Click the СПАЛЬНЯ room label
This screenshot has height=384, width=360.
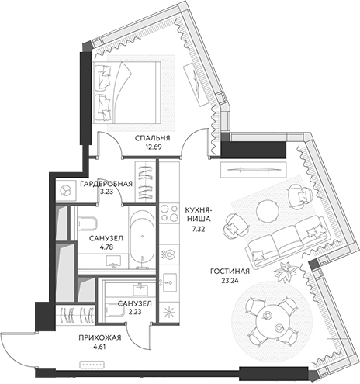153,138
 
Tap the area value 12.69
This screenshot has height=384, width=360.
153,147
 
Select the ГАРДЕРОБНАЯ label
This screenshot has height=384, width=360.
106,184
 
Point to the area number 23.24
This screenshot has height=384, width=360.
230,280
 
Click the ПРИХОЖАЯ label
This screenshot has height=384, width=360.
100,337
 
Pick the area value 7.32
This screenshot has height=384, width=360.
199,229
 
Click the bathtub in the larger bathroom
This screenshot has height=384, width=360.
142,238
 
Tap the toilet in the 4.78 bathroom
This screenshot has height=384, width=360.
87,222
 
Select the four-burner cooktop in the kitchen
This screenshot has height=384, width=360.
169,213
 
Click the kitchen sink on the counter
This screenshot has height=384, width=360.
170,282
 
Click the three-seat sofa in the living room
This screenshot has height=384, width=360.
287,241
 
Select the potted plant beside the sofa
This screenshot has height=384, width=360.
286,272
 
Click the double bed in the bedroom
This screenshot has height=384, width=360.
126,92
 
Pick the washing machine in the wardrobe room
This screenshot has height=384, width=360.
66,190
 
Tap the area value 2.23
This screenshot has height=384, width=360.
135,312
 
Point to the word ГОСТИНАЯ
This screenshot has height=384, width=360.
230,272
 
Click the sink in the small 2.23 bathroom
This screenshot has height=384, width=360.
141,289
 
